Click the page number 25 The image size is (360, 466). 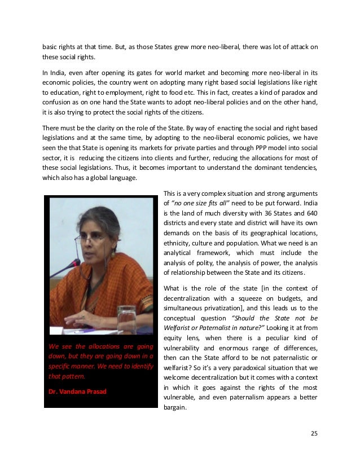click(314, 433)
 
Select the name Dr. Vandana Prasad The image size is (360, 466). click(74, 390)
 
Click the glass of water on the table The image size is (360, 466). click(126, 318)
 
